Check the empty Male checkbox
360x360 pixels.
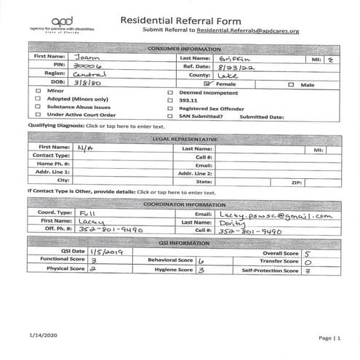(x=290, y=84)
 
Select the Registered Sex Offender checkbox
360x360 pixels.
(x=170, y=106)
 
